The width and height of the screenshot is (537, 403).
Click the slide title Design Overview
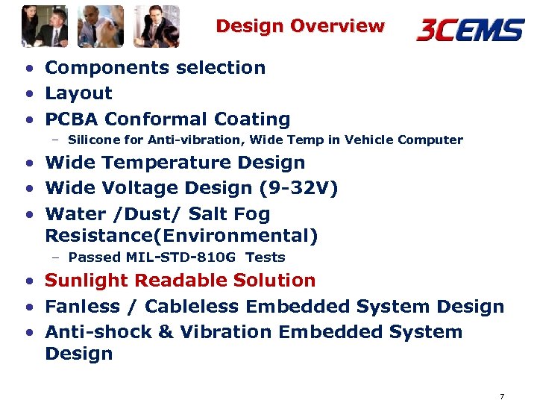(x=300, y=26)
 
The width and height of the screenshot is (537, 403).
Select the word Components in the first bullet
(x=101, y=68)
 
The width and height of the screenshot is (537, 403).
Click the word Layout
(x=78, y=93)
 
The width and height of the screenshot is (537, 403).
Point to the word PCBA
(x=72, y=119)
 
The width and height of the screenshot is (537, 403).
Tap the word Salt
(x=209, y=214)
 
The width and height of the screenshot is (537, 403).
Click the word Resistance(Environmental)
(x=181, y=237)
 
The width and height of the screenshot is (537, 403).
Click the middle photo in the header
(x=101, y=26)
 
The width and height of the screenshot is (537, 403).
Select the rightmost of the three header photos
(x=157, y=26)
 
